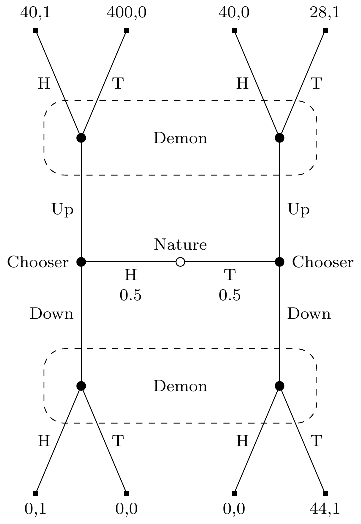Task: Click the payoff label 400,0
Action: [x=127, y=13]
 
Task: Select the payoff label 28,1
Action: [x=325, y=13]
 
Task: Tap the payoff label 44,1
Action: [x=325, y=509]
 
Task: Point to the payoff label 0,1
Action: [x=36, y=509]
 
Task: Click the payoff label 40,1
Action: [x=36, y=13]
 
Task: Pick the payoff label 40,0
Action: [x=234, y=13]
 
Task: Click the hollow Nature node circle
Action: [x=180, y=262]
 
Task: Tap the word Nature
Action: [x=180, y=245]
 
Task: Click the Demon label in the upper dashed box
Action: [x=180, y=138]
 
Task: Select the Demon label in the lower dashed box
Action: [x=180, y=386]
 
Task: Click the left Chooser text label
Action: [x=38, y=262]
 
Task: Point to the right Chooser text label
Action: [x=323, y=262]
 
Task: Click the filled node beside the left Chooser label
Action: [x=81, y=262]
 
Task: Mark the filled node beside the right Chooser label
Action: [x=279, y=262]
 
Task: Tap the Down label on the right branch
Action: [x=309, y=314]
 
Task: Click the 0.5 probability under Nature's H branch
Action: [x=131, y=295]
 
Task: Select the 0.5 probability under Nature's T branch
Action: [x=230, y=295]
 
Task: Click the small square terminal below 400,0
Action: [x=127, y=31]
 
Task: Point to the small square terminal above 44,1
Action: [x=325, y=493]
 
